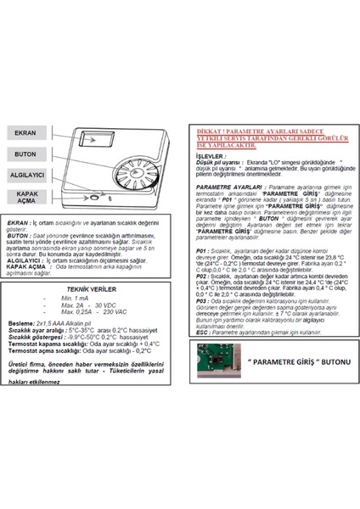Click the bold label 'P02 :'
coord(203,276)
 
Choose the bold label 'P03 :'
coord(203,301)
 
